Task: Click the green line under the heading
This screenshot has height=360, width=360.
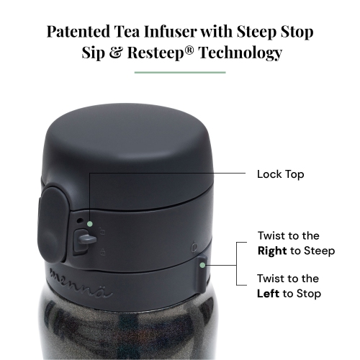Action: [x=180, y=72]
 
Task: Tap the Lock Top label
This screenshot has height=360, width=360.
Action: [x=281, y=174]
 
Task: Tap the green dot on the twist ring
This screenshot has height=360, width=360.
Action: [x=204, y=265]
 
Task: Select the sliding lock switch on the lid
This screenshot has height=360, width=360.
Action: [x=79, y=241]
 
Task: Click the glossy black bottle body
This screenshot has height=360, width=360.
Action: [x=130, y=324]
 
